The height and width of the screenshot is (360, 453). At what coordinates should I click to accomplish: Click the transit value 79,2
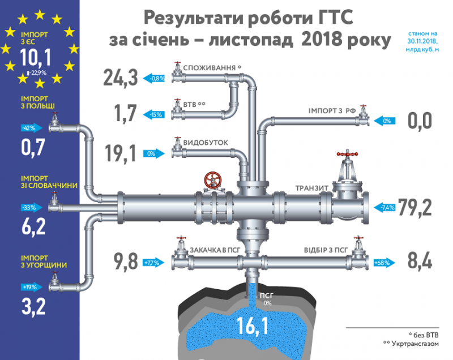(x=414, y=207)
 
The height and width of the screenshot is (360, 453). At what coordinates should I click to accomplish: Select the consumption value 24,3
(x=121, y=78)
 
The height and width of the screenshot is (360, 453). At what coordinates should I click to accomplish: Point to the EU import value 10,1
(x=36, y=58)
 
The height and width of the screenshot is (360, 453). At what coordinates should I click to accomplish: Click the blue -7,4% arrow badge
(x=387, y=207)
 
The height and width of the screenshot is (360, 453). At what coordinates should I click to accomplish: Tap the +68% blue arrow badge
(x=383, y=262)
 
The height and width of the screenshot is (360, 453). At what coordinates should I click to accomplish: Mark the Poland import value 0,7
(x=33, y=148)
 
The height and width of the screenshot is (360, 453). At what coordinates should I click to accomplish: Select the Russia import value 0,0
(x=419, y=121)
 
